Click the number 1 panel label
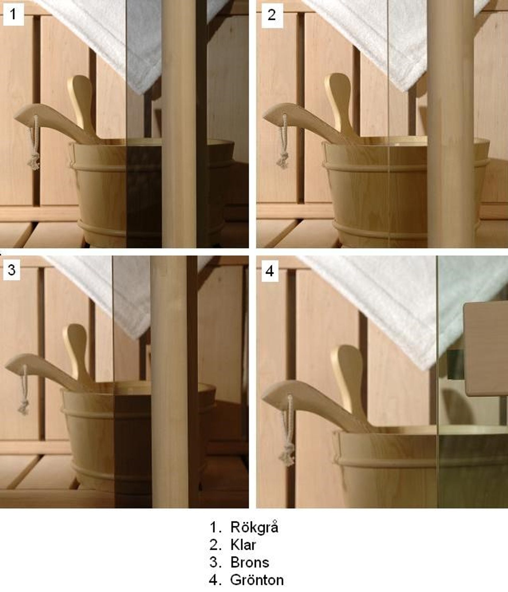(13, 14)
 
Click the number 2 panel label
(272, 15)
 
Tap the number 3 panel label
(12, 270)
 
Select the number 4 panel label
(270, 271)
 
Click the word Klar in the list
(243, 545)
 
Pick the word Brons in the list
(250, 562)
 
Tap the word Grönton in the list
(257, 580)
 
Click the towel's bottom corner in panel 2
(402, 89)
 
